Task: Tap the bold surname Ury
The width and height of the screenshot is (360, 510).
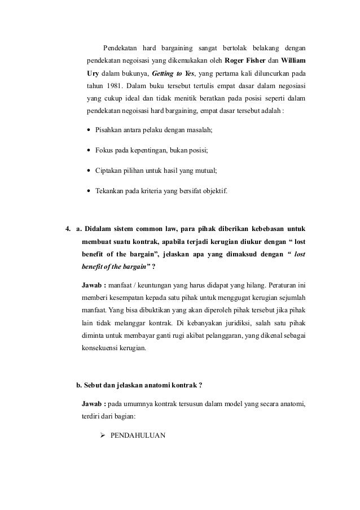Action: pos(94,73)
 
